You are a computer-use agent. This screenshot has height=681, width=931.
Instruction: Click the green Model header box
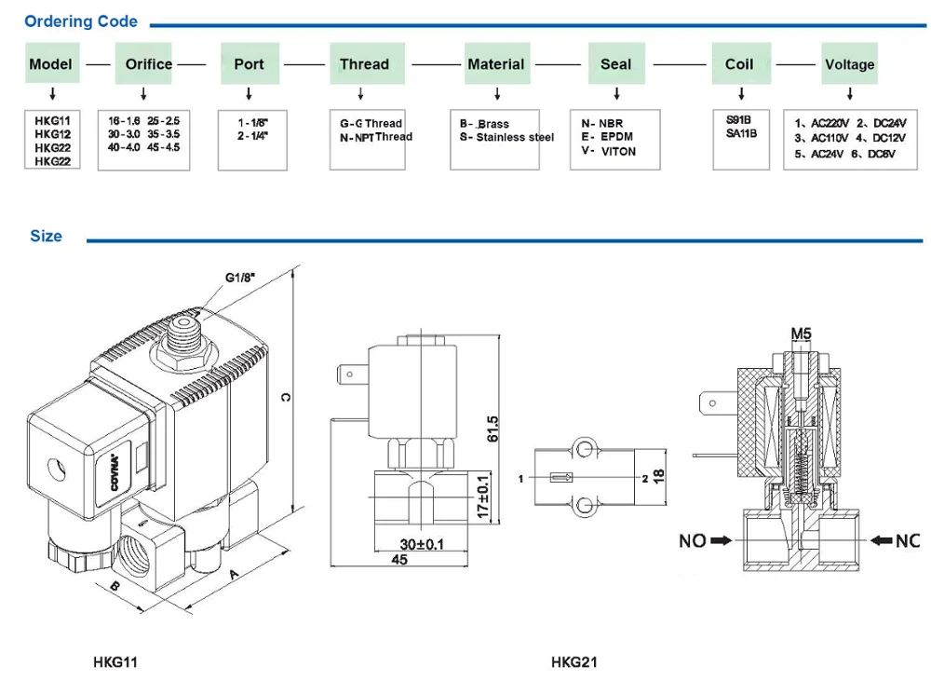(50, 64)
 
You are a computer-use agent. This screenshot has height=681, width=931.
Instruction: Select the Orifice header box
(148, 64)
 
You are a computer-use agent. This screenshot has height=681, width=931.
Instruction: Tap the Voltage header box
(849, 64)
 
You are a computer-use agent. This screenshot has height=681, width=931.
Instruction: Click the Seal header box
(615, 64)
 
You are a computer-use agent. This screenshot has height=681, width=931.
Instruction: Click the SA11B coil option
(741, 133)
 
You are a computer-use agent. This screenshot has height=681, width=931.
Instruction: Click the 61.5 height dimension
(493, 428)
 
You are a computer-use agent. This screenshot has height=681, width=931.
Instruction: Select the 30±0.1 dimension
(420, 544)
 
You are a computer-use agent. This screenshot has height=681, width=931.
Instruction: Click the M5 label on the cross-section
(801, 333)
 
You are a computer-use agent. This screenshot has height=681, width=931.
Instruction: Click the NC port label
(907, 540)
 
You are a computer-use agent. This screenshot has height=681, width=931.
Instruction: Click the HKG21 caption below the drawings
(573, 662)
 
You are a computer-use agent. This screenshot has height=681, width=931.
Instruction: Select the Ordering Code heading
(81, 21)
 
